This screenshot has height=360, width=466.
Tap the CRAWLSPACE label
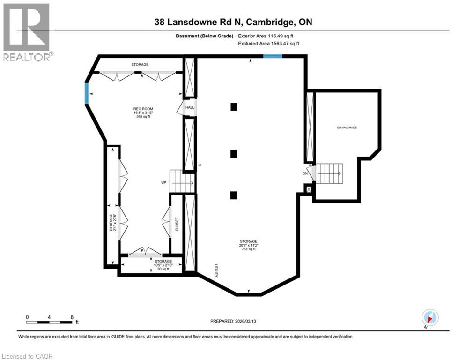[x=347, y=127]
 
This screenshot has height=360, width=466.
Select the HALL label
[x=190, y=107]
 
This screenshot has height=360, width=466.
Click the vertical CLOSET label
[x=176, y=224]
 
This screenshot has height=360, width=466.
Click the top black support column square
[x=234, y=107]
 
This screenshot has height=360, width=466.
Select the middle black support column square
[x=234, y=154]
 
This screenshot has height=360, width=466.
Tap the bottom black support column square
[x=234, y=195]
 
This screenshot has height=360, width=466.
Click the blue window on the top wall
[x=272, y=56]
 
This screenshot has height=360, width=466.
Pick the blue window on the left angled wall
[x=86, y=93]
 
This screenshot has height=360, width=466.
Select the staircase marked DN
[x=330, y=173]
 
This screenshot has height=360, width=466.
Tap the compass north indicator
[x=429, y=318]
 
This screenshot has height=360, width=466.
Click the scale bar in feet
[x=50, y=322]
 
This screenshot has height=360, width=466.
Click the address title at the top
[x=233, y=22]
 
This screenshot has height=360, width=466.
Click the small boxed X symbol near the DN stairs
[x=308, y=189]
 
